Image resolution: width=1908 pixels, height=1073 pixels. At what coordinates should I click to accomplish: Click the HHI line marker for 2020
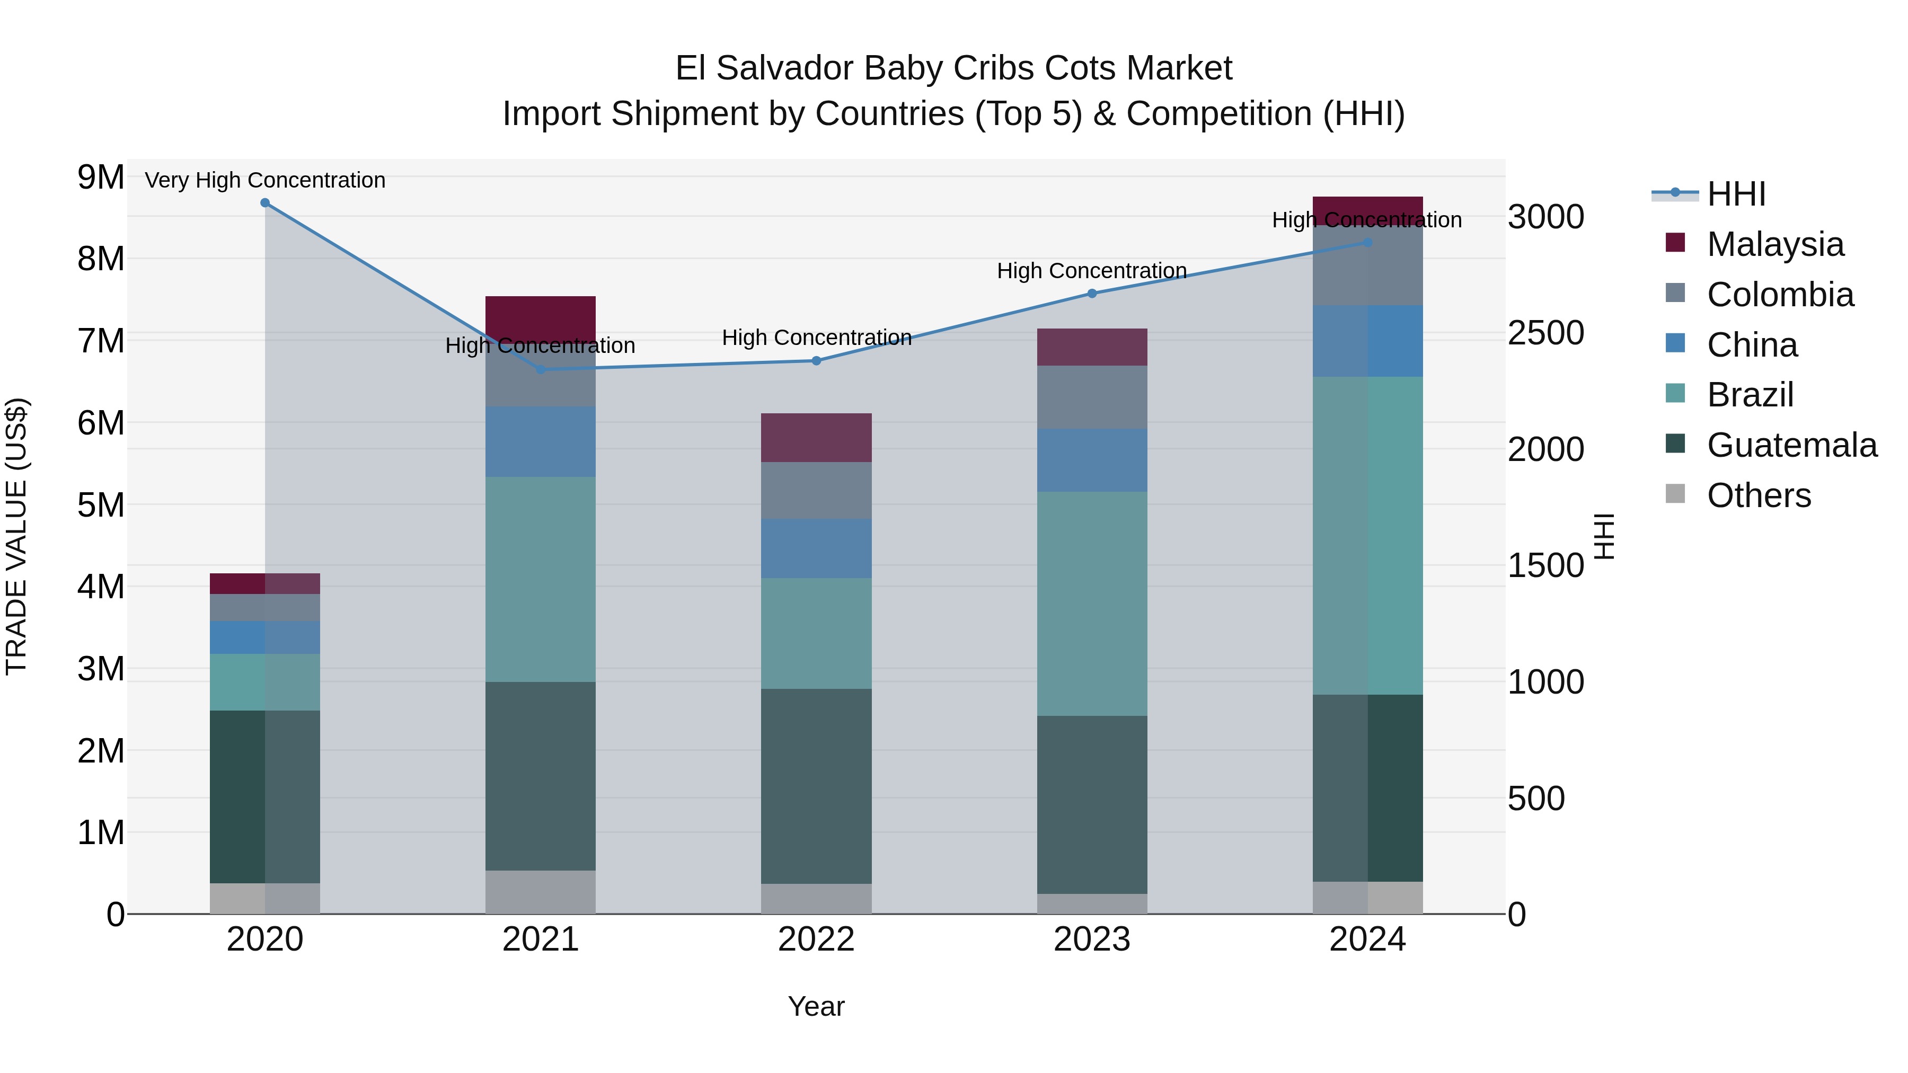point(265,203)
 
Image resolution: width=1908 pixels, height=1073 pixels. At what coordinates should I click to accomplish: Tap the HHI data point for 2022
point(816,361)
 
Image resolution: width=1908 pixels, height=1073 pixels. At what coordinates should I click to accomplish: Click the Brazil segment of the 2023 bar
point(1092,604)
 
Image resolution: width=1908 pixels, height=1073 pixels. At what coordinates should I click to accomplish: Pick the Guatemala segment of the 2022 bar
point(816,786)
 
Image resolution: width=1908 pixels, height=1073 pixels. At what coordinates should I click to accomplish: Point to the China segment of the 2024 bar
point(1367,341)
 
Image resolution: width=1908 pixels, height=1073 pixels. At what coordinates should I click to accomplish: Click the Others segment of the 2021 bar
point(540,892)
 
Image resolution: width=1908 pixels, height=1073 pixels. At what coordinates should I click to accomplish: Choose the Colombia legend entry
point(1780,295)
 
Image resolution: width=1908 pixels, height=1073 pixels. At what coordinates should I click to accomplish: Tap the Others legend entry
point(1759,495)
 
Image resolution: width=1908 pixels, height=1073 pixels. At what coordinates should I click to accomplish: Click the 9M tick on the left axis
point(101,178)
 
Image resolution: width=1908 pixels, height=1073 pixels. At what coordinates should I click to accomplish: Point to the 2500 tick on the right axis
point(1546,333)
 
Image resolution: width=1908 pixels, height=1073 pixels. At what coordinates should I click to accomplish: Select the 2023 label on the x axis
point(1092,939)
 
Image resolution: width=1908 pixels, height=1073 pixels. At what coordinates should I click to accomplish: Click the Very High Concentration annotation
point(265,180)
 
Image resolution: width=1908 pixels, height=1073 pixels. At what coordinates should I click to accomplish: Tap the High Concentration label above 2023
point(1092,271)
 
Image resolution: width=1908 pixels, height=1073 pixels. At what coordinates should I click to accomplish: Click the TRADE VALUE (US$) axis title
point(17,536)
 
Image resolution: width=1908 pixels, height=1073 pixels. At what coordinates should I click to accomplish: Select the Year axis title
point(816,1006)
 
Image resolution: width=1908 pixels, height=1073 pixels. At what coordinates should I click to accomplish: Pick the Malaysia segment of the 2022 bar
point(816,438)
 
